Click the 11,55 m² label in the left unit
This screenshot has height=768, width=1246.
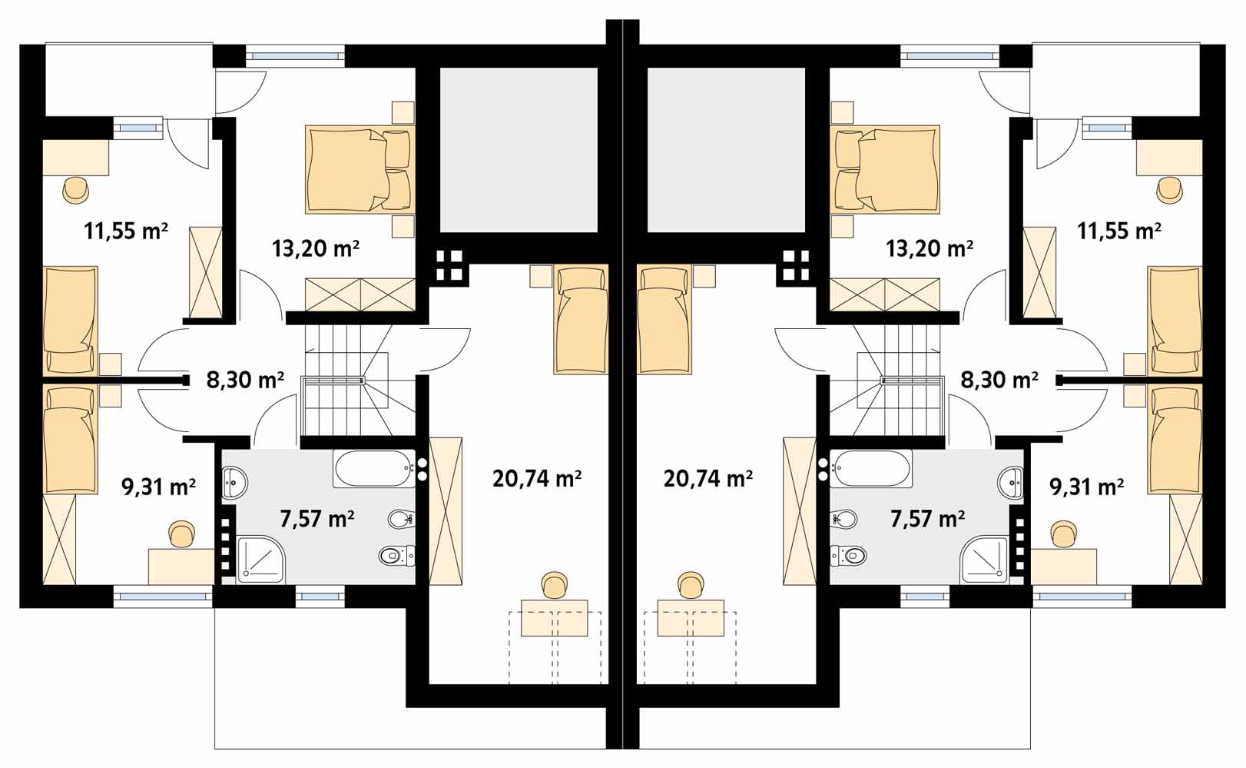click(126, 231)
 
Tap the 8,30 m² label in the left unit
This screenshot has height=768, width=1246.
click(245, 380)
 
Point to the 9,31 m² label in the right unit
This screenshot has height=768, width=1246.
click(1086, 487)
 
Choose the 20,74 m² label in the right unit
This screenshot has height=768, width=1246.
click(708, 478)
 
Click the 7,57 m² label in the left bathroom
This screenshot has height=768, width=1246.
click(317, 519)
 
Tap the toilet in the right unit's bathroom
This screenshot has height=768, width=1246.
click(848, 555)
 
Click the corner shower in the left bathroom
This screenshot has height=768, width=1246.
click(261, 560)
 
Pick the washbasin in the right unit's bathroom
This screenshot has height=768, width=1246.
click(1011, 483)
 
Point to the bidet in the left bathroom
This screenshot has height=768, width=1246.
click(401, 519)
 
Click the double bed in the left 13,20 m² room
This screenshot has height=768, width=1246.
click(360, 170)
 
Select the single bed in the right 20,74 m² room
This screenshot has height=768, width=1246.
click(664, 319)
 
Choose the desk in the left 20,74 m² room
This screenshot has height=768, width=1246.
click(555, 618)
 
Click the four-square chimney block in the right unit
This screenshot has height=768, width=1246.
click(795, 265)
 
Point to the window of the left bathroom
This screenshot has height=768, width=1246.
click(320, 597)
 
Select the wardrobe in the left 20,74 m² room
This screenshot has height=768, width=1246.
click(446, 511)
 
